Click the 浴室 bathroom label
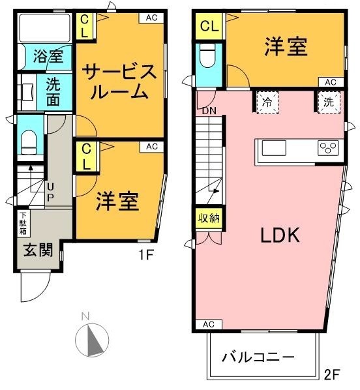coord(48,56)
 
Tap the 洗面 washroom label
coord(53,93)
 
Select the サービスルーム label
coord(119,82)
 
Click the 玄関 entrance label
coord(38,250)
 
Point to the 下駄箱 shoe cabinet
coord(23,223)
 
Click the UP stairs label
coord(50,192)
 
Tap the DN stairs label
coord(209,111)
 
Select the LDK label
coord(280,235)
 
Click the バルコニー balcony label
coord(258,357)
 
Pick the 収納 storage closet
coord(209,218)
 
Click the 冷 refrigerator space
coord(267,102)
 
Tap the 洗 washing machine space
coord(329,102)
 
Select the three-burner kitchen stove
coord(328,148)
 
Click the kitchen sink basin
coord(274,148)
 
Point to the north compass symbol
coord(92,340)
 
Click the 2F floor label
coord(332,374)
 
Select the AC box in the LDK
coord(209,324)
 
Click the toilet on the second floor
coord(209,55)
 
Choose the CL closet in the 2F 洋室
coord(209,26)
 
